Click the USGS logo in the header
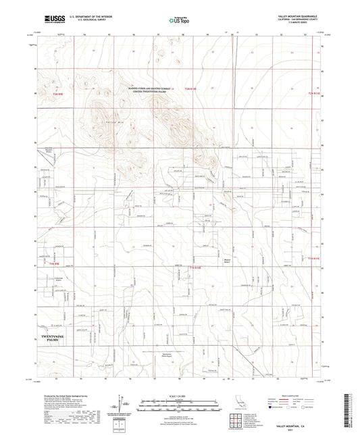[55, 19]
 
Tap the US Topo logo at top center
[178, 20]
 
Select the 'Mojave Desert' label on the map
[228, 261]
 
